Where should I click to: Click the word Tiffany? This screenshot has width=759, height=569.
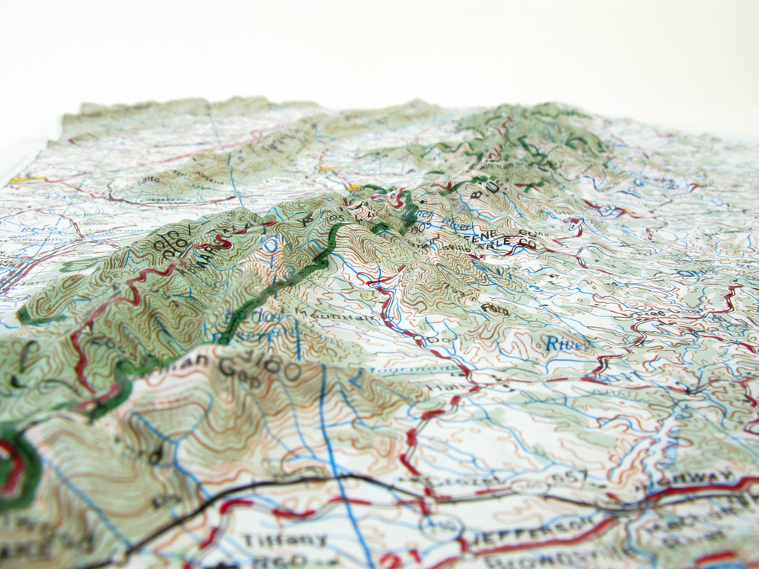(274, 540)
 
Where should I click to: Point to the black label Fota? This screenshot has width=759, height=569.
(494, 308)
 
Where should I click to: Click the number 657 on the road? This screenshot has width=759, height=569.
(566, 476)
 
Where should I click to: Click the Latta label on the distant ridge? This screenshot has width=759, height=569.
(148, 180)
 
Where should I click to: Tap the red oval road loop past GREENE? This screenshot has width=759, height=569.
(574, 222)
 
